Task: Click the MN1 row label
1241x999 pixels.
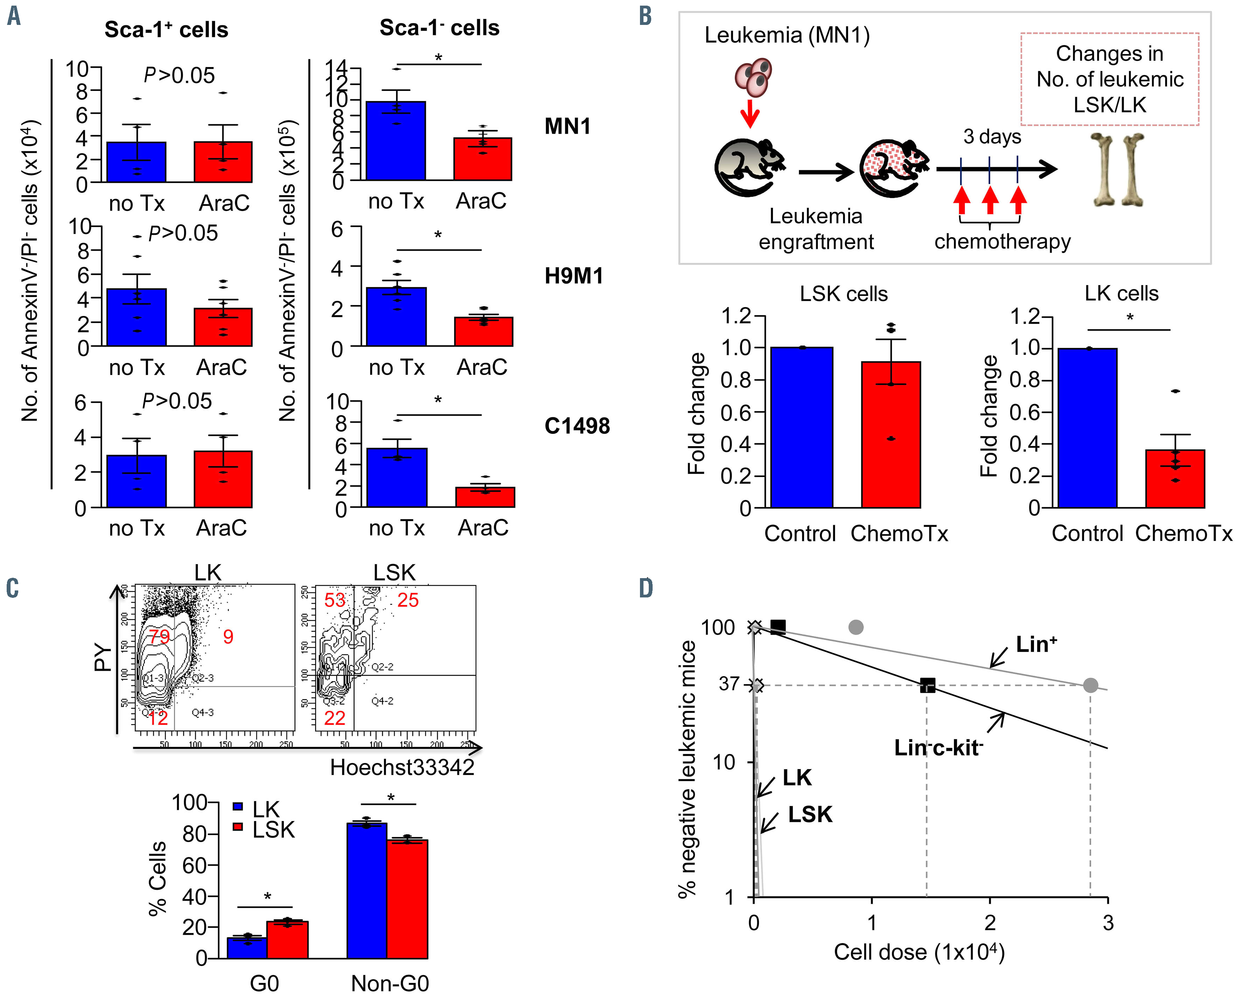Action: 568,126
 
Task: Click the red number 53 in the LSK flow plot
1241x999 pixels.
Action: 334,601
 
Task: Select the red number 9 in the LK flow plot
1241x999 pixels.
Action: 228,636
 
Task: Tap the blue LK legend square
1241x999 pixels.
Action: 238,807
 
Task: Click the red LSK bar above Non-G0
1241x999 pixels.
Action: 407,898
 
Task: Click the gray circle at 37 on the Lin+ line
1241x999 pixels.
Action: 1090,685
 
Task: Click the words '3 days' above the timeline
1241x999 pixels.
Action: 992,137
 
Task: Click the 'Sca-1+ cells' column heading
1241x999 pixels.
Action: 166,29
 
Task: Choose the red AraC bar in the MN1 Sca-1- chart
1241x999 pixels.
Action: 482,159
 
